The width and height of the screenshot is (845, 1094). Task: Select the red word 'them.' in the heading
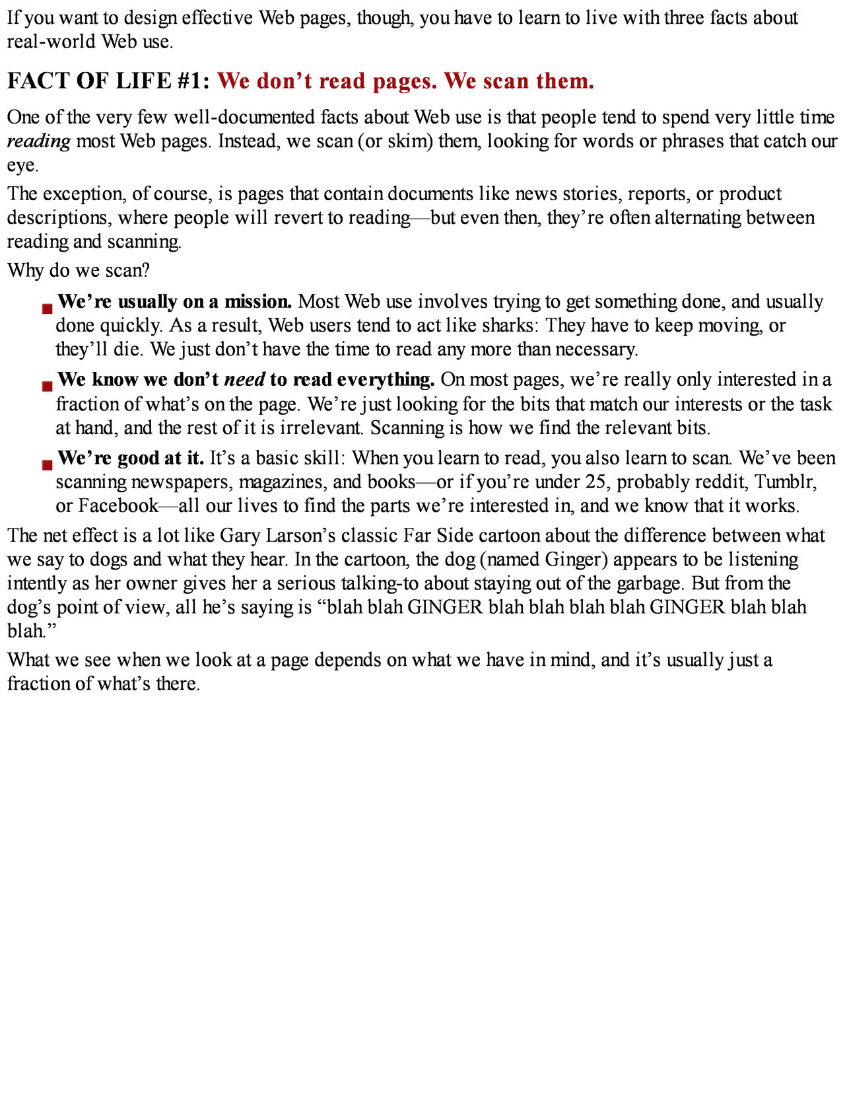point(565,81)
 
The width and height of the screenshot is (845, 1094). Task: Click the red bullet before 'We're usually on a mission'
point(47,309)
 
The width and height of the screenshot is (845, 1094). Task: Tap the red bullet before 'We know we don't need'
point(47,386)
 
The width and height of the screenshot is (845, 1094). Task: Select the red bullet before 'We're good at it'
point(47,464)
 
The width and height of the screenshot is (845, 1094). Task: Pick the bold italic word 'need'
point(245,380)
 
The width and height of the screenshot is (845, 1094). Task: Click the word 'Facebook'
point(118,506)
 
